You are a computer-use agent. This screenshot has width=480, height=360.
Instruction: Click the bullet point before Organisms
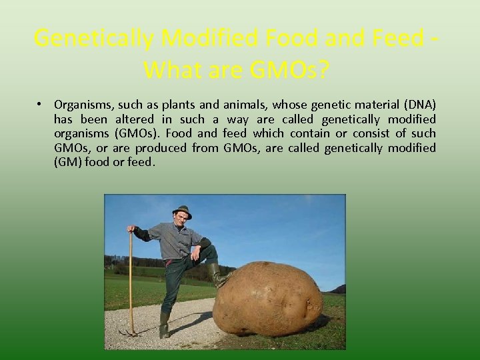click(41, 105)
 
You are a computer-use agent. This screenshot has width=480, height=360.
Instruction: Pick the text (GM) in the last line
click(67, 162)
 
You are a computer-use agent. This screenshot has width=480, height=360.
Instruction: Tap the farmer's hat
click(181, 211)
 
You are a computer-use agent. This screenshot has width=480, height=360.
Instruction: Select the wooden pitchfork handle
click(131, 280)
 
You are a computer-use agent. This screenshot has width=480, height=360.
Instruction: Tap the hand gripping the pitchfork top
click(131, 229)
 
